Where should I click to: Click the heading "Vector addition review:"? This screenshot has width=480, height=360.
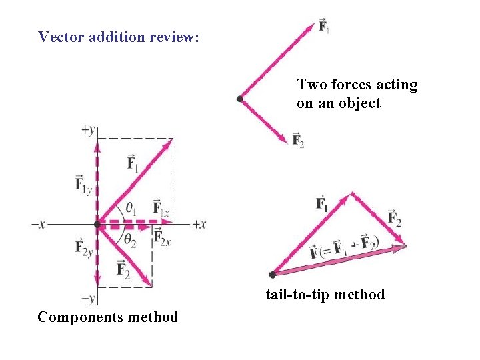119,37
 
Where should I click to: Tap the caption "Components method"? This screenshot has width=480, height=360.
108,317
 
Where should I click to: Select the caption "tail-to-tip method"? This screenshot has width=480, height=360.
325,294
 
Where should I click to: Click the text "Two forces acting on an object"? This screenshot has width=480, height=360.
357,94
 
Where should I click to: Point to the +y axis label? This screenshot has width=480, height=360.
89,130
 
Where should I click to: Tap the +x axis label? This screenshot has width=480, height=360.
199,225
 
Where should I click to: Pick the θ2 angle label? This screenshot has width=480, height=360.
129,238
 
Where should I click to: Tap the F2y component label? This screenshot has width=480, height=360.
83,248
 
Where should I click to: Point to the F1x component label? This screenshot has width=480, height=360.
161,207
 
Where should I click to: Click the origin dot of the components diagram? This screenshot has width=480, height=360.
97,223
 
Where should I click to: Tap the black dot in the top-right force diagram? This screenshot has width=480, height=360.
240,99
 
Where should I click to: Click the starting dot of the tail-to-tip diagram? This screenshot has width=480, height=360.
272,274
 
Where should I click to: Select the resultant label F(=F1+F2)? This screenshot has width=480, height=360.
344,247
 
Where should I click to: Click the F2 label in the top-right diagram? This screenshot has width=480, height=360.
298,141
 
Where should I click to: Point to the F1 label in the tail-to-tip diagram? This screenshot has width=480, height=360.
322,203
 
